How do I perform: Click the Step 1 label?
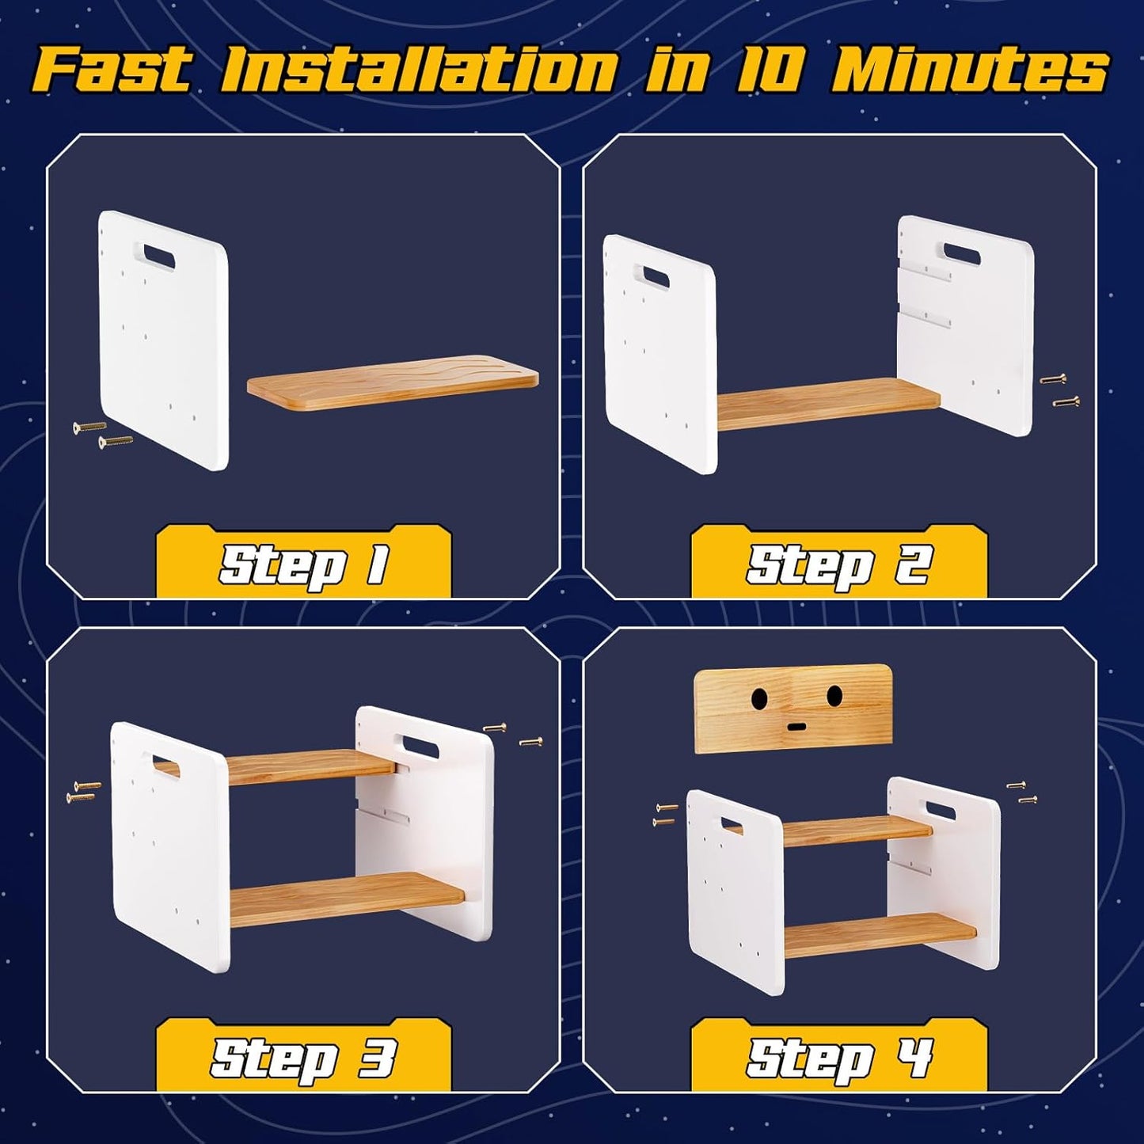point(304,564)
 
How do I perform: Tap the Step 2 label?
point(838,564)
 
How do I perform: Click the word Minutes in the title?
point(969,70)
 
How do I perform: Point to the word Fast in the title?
point(112,70)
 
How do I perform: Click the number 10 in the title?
point(765,70)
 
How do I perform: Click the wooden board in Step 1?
point(393,382)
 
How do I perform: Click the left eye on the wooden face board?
point(758,698)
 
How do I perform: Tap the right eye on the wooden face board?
point(834,695)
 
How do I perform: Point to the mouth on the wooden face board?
point(796,726)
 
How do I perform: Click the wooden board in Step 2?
point(827,404)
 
